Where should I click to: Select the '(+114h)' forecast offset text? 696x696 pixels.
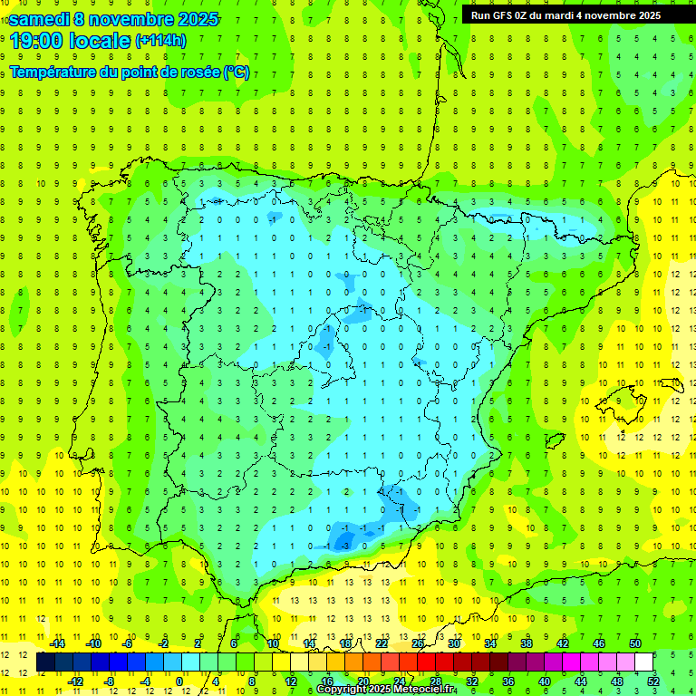pos(161,41)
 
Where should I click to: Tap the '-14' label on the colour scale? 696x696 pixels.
pos(57,643)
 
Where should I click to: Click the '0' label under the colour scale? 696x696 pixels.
pos(179,681)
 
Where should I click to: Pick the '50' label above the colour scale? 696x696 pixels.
pos(635,643)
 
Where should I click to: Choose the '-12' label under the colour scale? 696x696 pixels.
pos(74,681)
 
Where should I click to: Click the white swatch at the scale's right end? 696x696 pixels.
pos(644,662)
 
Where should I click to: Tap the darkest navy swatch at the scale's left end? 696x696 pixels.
pos(46,662)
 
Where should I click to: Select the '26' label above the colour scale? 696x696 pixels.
pos(418,643)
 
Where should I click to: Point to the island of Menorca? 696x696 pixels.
pos(672,384)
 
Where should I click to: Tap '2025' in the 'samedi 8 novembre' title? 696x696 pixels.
pos(192,19)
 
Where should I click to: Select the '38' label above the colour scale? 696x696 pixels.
pos(527,643)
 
